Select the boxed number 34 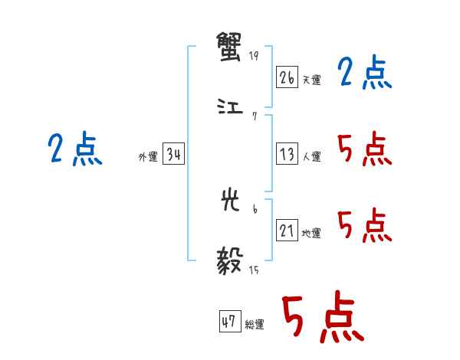[173, 154]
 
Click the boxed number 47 [228, 322]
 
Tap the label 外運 [148, 157]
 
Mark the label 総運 [255, 325]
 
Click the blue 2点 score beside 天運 [364, 74]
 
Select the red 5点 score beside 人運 [364, 149]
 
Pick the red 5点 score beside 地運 [364, 225]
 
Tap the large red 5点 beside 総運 [322, 318]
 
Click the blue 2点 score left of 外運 [74, 149]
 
